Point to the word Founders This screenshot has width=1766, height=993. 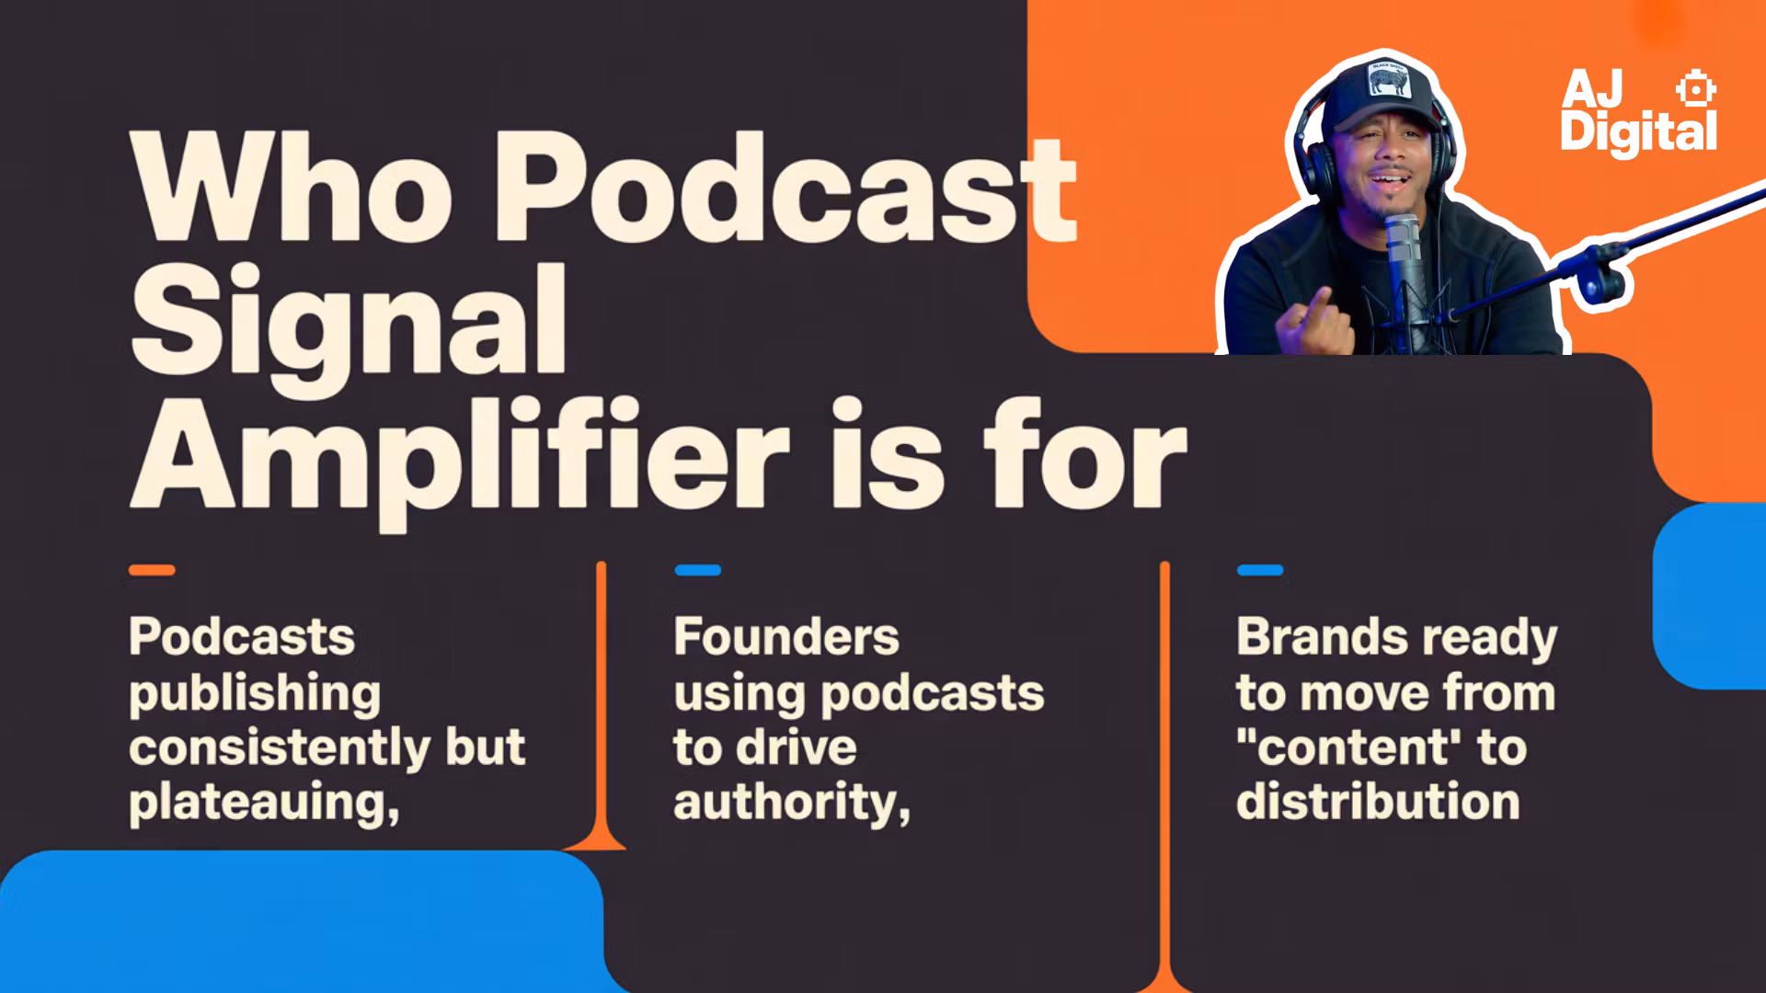[x=786, y=636]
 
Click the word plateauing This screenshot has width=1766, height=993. [x=264, y=803]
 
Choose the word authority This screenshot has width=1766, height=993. [x=792, y=803]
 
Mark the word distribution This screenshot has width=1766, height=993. [x=1378, y=801]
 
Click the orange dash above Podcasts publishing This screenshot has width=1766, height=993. [x=152, y=570]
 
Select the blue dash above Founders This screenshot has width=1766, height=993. [x=698, y=570]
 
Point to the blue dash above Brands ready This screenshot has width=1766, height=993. [x=1260, y=570]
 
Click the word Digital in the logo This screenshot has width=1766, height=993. [x=1638, y=132]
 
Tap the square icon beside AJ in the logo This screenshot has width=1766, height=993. [x=1695, y=89]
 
